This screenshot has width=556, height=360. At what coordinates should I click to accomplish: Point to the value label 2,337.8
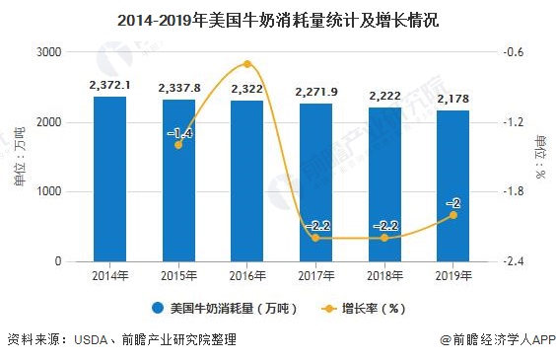178,87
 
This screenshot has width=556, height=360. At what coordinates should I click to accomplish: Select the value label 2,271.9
316,92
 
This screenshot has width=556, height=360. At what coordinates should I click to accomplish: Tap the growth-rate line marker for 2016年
247,64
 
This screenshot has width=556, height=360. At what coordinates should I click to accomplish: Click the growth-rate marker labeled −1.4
178,145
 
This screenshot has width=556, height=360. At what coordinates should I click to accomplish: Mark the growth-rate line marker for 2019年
452,215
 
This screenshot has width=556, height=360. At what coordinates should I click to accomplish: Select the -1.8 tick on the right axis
514,192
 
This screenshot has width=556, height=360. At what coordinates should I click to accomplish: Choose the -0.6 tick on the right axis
514,52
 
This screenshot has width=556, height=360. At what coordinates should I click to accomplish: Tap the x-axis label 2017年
316,275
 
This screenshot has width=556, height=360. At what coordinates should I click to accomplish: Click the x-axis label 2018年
384,275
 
